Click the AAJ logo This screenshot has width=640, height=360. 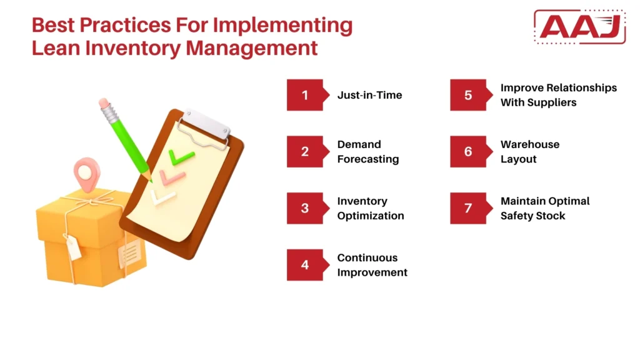point(579,27)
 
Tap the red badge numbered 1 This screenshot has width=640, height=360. point(306,95)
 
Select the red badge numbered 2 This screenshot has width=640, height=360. point(306,152)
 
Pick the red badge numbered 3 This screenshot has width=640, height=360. point(306,208)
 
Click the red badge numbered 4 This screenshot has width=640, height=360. point(306,265)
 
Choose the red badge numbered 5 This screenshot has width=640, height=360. point(469,95)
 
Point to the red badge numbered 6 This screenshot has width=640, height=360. point(469,152)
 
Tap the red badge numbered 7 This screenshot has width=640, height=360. point(469,208)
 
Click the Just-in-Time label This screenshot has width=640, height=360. point(369,95)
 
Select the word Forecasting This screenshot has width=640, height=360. point(367,159)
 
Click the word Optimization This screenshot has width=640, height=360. point(371,216)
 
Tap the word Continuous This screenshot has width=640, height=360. point(367,257)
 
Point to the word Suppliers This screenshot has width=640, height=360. point(538,102)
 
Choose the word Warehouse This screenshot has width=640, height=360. point(530,144)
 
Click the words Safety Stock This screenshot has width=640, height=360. point(532,216)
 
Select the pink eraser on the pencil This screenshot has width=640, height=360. point(104,102)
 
